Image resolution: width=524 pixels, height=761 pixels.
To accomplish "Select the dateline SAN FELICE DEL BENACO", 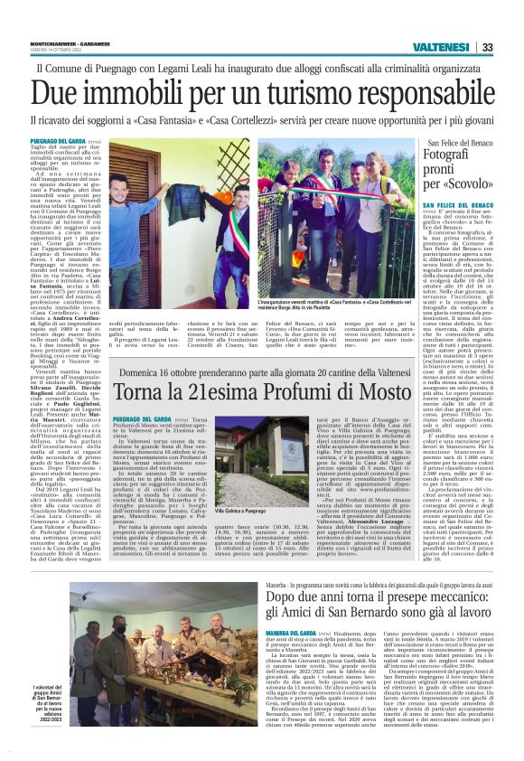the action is [x=476, y=206].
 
